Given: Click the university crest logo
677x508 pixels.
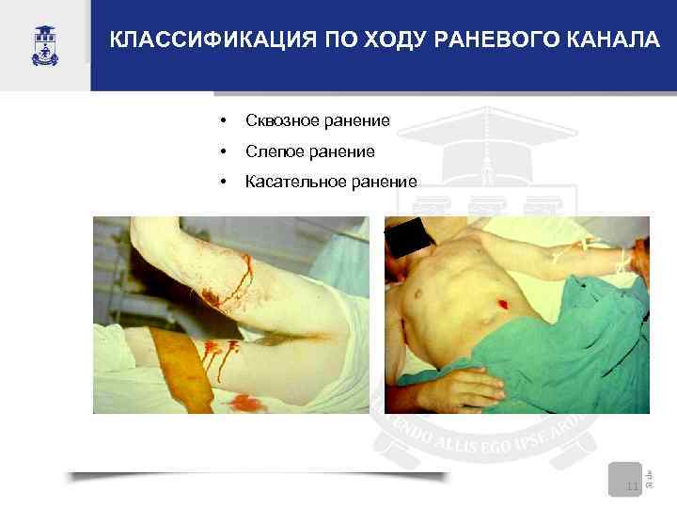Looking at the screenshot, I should tap(43, 44).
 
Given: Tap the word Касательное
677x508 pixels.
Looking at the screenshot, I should tap(291, 182).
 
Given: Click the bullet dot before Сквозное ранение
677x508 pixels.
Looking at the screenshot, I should tap(222, 120).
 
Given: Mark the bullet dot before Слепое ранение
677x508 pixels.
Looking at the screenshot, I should tap(222, 151).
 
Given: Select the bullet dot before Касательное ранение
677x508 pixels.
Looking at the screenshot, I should tap(222, 183).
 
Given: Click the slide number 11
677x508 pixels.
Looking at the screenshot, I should tap(632, 485).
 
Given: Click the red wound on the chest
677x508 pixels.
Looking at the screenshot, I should tap(502, 304).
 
